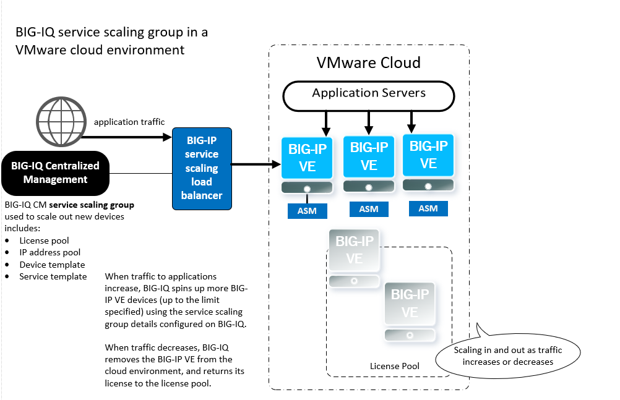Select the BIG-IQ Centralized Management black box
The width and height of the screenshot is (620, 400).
click(55, 172)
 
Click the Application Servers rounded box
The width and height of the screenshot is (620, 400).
click(369, 93)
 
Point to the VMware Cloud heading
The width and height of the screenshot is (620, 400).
click(368, 62)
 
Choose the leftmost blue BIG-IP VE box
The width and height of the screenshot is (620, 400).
click(307, 158)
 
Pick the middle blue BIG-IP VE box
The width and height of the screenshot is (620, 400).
click(369, 156)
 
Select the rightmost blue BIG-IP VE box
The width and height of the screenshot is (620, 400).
click(428, 155)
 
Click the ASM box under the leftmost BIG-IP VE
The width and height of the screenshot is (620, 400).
click(307, 211)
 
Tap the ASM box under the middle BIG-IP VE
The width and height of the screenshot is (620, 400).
click(369, 210)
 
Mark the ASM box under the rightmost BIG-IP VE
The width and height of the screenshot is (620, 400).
click(428, 208)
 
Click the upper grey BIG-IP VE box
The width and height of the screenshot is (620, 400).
click(354, 250)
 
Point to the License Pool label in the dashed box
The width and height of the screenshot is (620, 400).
click(394, 366)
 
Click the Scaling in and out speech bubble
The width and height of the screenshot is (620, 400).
click(507, 355)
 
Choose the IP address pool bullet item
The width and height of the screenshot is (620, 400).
click(50, 252)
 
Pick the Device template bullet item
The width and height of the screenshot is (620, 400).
click(52, 265)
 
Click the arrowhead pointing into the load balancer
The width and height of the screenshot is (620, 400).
click(166, 136)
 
